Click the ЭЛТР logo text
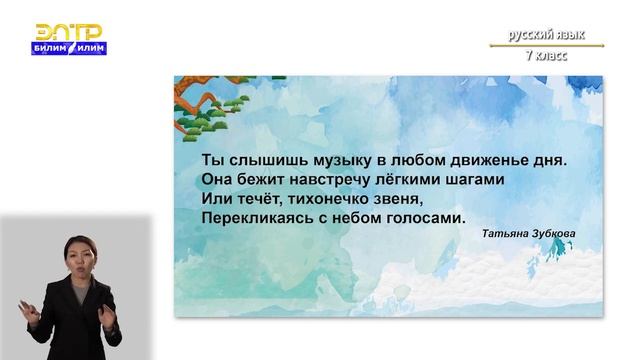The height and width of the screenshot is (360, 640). pos(70,31)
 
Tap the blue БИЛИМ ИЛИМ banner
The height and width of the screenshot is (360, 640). pos(70,47)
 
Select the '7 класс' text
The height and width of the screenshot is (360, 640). pos(546,55)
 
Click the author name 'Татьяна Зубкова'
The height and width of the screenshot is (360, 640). pos(528,236)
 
